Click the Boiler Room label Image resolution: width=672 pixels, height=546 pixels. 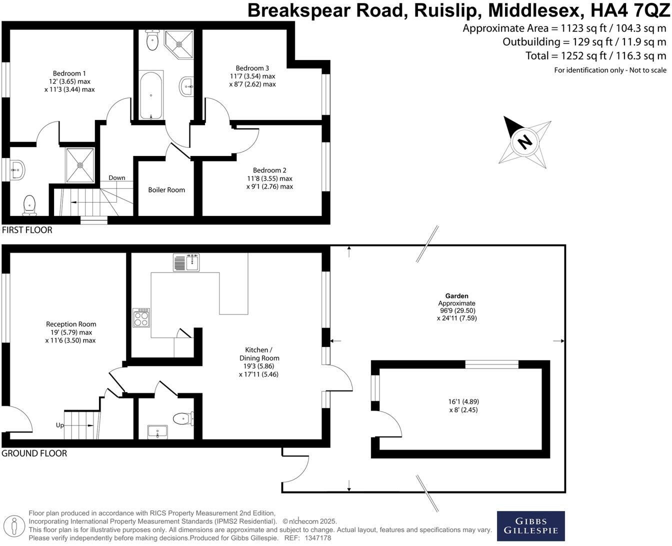pyautogui.click(x=166, y=190)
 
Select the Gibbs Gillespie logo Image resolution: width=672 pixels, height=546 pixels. pyautogui.click(x=530, y=526)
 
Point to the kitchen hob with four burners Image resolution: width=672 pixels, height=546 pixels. pyautogui.click(x=141, y=317)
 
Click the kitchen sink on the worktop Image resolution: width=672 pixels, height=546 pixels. pyautogui.click(x=186, y=262)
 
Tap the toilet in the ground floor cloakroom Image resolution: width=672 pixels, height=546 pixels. pyautogui.click(x=182, y=418)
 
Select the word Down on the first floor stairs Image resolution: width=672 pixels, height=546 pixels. pyautogui.click(x=117, y=177)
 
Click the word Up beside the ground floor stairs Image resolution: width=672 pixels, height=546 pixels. pyautogui.click(x=60, y=425)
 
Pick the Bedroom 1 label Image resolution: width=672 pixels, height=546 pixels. pyautogui.click(x=69, y=73)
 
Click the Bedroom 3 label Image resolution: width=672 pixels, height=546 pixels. pyautogui.click(x=252, y=68)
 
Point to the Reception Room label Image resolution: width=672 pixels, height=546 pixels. pyautogui.click(x=71, y=324)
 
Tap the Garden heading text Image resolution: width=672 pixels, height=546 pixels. pyautogui.click(x=456, y=296)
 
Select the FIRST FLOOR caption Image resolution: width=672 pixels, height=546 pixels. pyautogui.click(x=27, y=230)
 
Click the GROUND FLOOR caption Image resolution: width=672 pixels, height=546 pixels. pyautogui.click(x=34, y=453)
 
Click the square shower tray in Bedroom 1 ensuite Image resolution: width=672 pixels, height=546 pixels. pyautogui.click(x=80, y=165)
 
